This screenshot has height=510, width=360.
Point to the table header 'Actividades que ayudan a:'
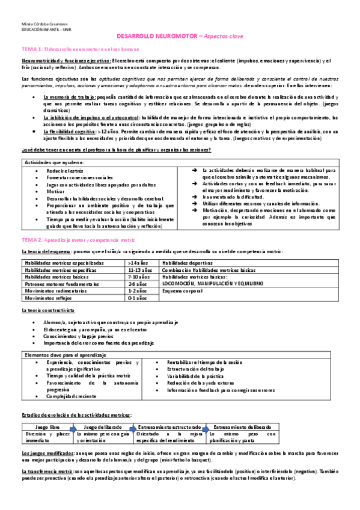pos(52,164)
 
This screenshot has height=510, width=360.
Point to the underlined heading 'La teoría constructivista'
pos(47,310)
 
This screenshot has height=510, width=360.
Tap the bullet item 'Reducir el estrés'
pos(65,171)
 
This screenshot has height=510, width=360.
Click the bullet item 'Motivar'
pos(54,191)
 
